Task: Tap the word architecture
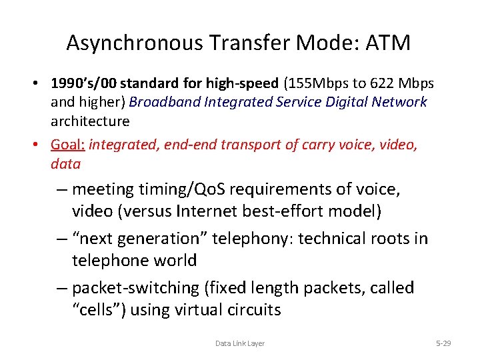pos(90,121)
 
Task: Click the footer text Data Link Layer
pos(240,343)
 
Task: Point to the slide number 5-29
pos(443,343)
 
